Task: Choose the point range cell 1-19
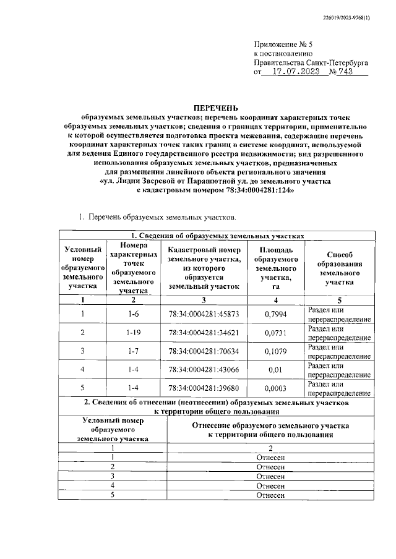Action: [133, 333]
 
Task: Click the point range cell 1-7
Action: [133, 352]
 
